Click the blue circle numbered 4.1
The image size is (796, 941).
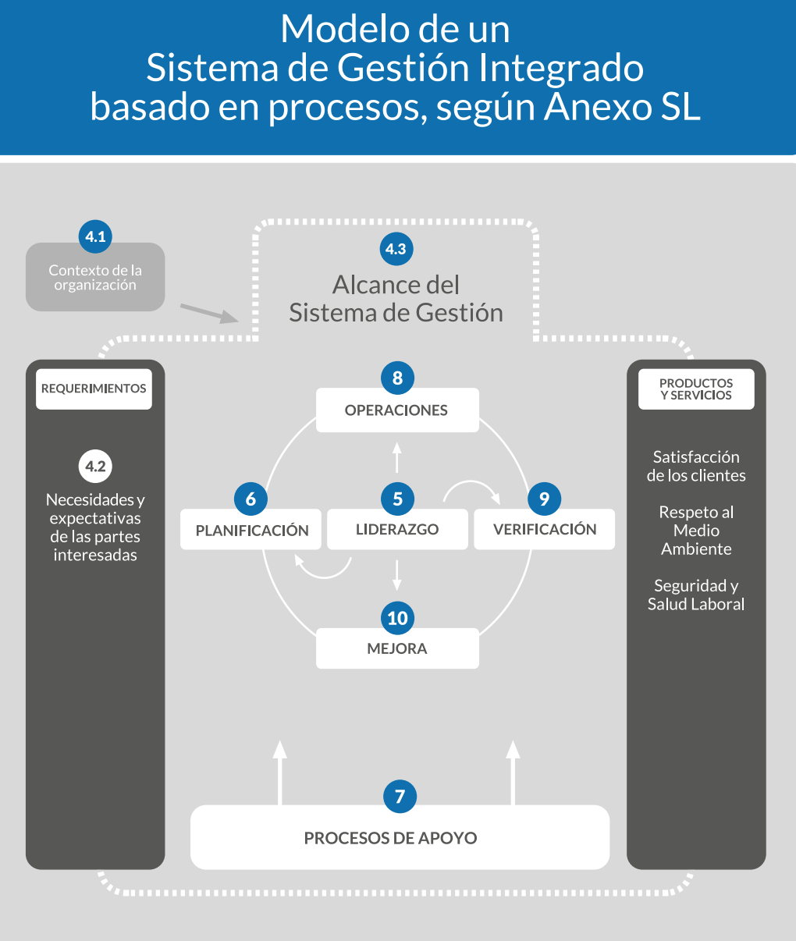95,236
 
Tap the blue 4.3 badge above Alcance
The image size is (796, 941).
396,249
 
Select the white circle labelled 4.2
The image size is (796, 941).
95,467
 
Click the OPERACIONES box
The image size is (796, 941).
396,410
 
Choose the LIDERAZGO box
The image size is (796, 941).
397,530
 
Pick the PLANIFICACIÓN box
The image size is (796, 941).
251,531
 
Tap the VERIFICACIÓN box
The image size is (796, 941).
545,530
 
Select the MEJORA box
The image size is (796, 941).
397,649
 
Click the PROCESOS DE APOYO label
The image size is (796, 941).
390,838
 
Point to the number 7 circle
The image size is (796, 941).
400,797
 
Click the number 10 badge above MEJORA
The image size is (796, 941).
397,618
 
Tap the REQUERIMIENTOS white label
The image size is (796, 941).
94,389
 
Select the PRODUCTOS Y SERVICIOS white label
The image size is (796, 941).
696,389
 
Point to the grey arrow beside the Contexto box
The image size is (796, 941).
209,314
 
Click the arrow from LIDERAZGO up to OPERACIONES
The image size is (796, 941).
396,457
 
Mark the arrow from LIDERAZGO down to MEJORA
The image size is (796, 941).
397,574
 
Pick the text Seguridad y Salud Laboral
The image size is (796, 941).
696,595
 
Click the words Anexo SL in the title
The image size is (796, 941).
622,107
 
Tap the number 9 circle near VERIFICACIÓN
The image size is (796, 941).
544,499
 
